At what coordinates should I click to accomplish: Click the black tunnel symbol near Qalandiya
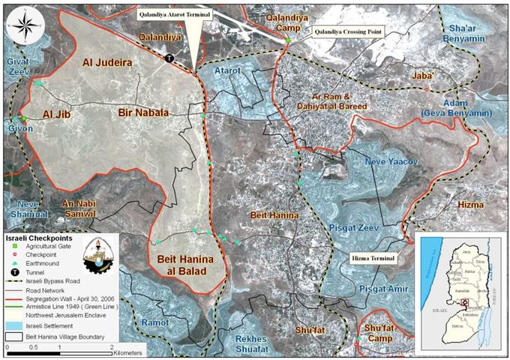169,58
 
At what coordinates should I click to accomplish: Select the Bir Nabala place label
142,113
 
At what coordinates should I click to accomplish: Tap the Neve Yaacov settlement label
388,162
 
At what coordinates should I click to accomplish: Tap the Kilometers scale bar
60,346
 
